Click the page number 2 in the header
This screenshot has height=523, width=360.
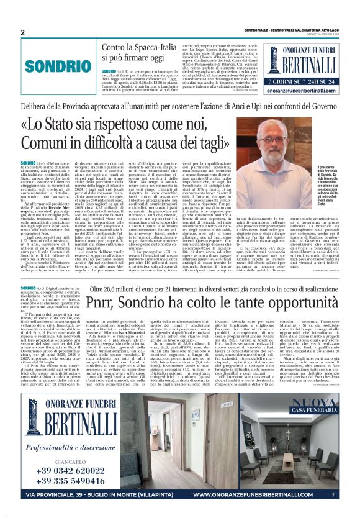pyautogui.click(x=22, y=32)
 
